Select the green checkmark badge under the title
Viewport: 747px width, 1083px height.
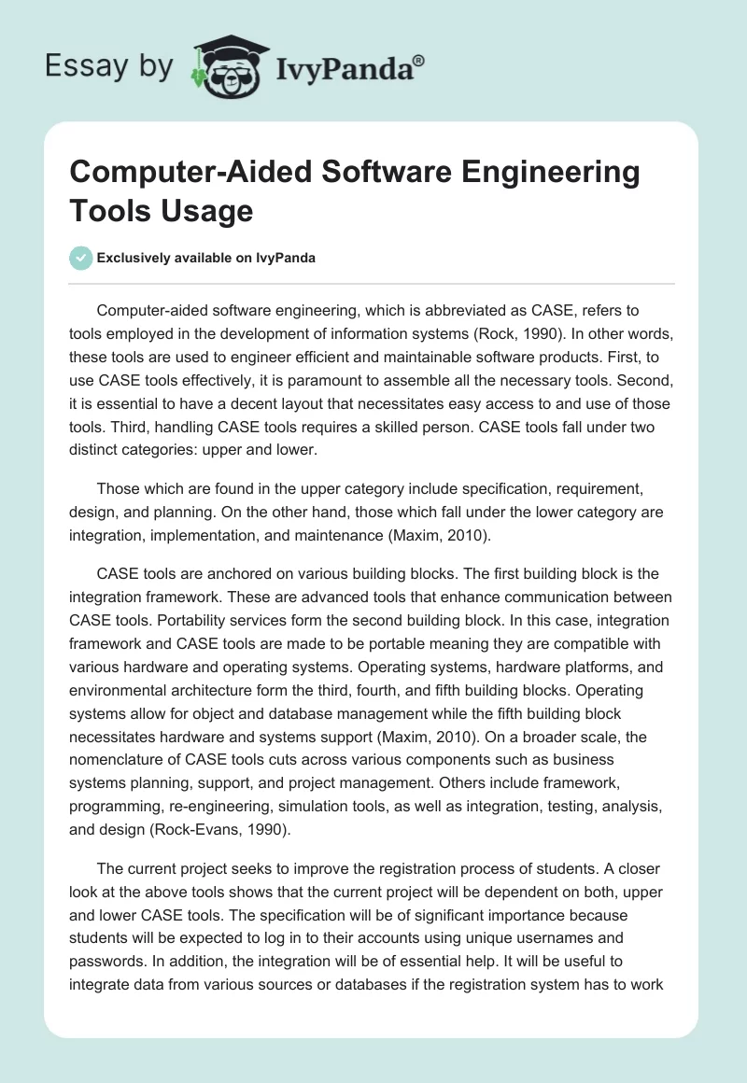click(81, 258)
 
